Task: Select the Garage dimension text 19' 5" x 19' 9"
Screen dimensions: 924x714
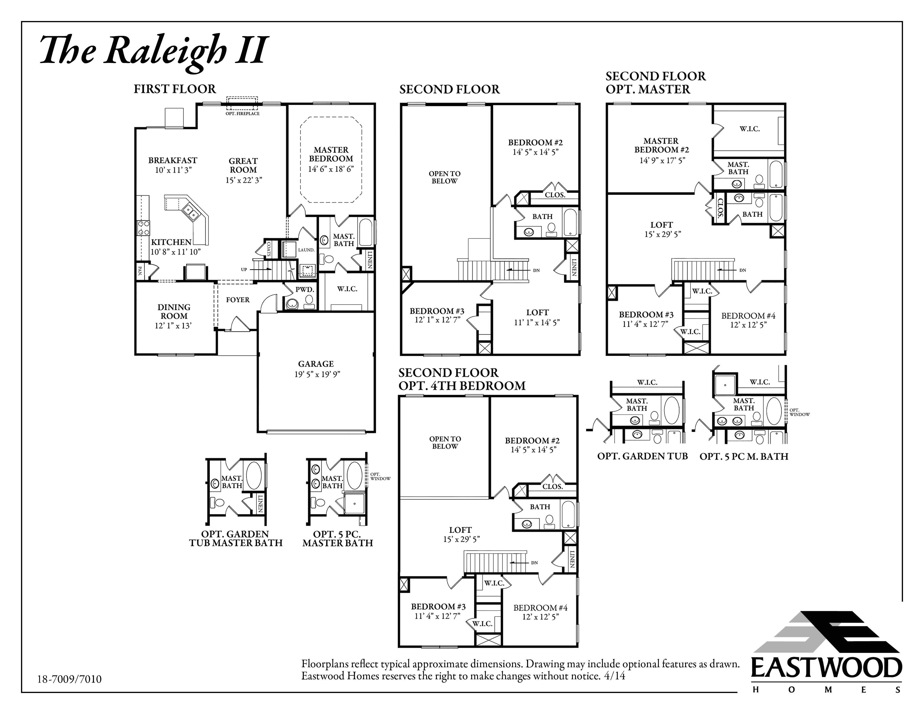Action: (x=317, y=374)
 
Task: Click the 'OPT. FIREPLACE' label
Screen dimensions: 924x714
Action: (x=242, y=113)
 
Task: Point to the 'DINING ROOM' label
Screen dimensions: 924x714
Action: (x=174, y=311)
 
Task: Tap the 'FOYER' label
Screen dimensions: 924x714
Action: (x=238, y=300)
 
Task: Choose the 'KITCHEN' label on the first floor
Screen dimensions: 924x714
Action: (x=171, y=242)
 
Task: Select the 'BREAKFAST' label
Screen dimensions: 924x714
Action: (x=172, y=160)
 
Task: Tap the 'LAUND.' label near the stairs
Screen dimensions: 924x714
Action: (x=306, y=250)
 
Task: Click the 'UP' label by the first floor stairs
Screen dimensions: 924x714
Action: (x=244, y=269)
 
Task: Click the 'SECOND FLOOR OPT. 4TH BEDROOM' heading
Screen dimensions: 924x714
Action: (x=462, y=379)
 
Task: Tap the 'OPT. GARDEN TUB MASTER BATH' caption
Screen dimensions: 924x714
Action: (x=236, y=538)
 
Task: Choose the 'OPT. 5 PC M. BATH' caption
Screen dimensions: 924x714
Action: (x=744, y=456)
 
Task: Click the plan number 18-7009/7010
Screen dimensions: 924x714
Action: (x=69, y=679)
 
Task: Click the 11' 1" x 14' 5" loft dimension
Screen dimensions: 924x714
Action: (x=537, y=322)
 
